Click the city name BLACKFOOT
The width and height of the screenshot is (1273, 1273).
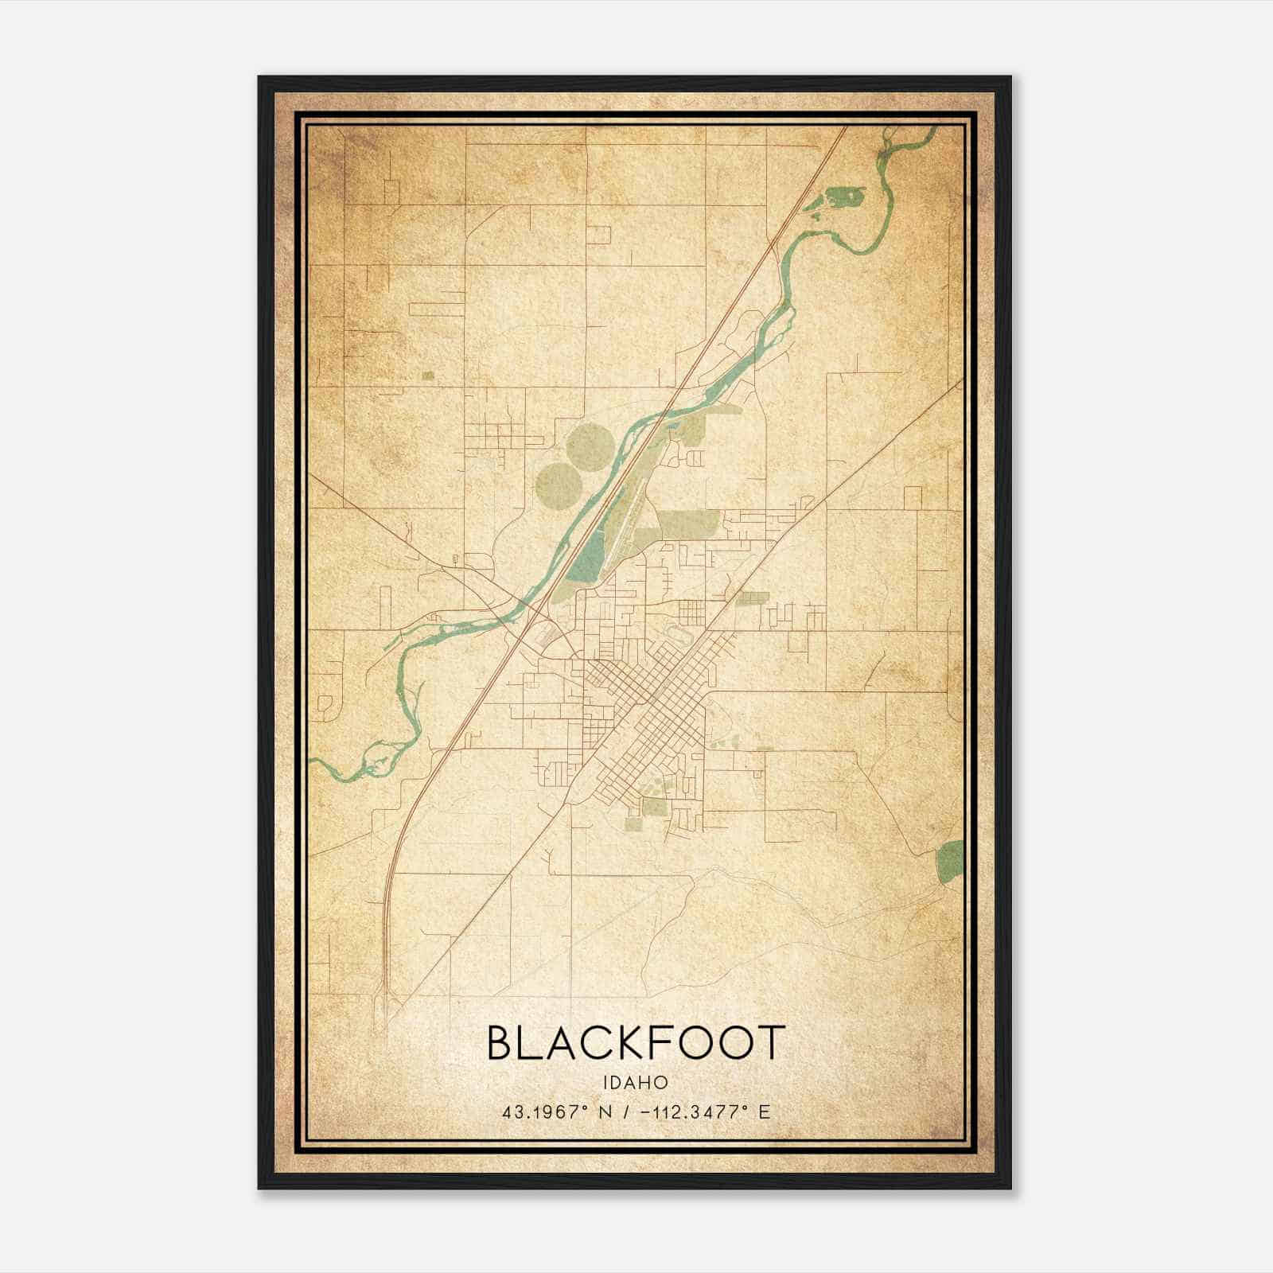coord(636,1043)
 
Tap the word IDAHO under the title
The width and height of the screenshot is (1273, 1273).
coord(636,1082)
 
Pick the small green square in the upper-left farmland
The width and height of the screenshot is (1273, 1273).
coord(429,376)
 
